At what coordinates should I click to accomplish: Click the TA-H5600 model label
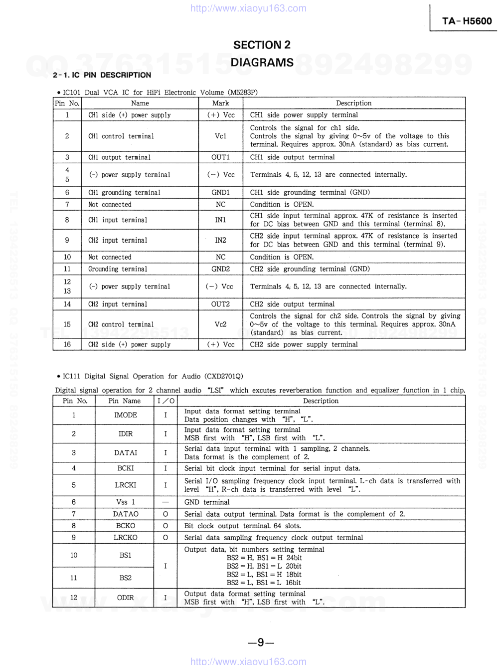(467, 21)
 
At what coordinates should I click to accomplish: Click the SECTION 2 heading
(262, 45)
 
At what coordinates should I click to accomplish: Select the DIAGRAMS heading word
(262, 63)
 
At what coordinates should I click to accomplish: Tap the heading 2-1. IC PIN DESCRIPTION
(102, 75)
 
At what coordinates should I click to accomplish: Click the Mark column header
(220, 103)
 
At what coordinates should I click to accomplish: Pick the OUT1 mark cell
(220, 157)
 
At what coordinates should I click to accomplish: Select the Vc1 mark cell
(220, 136)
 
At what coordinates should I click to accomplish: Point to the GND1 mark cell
(220, 193)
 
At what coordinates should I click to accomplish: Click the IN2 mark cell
(220, 240)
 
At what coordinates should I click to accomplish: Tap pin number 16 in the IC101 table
(67, 344)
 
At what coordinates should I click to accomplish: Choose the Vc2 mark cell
(220, 325)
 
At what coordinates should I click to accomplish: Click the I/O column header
(166, 401)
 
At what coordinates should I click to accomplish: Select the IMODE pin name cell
(125, 415)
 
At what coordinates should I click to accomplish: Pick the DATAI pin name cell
(125, 453)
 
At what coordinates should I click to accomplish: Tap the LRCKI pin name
(125, 485)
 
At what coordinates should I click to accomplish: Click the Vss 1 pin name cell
(125, 502)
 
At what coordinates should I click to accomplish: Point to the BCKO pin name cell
(125, 526)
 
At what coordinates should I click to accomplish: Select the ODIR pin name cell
(125, 598)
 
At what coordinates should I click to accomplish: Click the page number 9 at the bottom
(261, 643)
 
